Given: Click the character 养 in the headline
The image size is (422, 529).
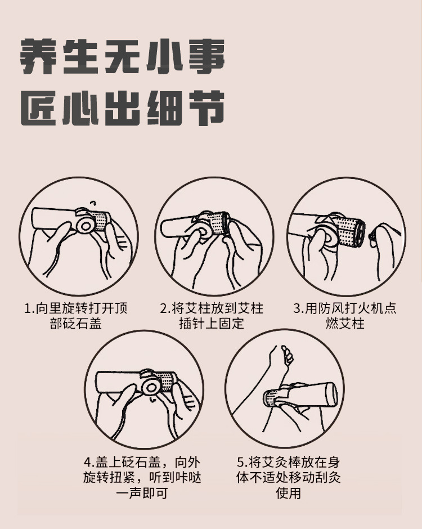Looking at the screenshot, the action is (x=38, y=57).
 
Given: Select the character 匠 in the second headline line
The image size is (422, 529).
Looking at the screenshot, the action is (x=38, y=109).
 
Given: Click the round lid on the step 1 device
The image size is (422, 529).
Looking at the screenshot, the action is (x=84, y=225).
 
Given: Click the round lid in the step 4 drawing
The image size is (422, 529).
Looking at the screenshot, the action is (x=150, y=387).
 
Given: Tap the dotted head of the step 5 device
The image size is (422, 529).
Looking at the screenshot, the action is (x=272, y=399).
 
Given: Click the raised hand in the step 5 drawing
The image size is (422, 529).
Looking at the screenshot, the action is (x=285, y=357).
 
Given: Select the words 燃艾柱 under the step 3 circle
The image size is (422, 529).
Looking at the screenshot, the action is (x=345, y=324).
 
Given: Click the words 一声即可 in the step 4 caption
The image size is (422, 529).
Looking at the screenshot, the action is (x=142, y=493).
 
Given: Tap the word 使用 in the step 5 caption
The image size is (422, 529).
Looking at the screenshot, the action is (x=289, y=493).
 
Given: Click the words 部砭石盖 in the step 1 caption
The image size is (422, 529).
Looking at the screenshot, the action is (x=75, y=324).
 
